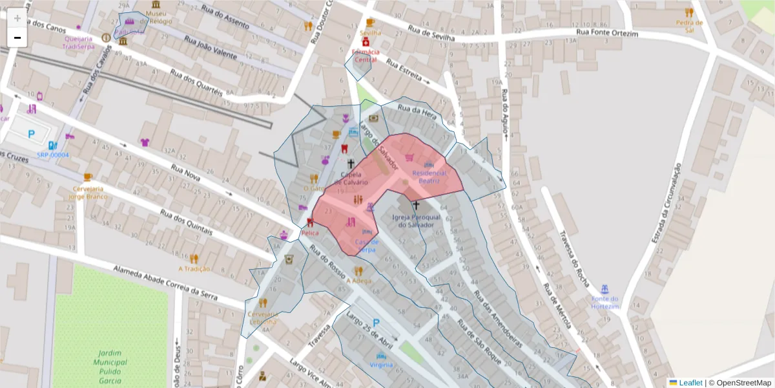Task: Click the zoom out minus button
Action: [x=17, y=38]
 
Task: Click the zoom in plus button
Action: [x=17, y=18]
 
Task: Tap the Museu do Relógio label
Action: [x=155, y=17]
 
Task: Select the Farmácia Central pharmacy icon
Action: [x=366, y=42]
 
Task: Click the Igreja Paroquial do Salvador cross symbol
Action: [x=416, y=205]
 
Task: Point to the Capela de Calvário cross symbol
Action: [x=351, y=164]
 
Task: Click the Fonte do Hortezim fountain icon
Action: [x=604, y=288]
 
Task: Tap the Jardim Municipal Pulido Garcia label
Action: [x=112, y=367]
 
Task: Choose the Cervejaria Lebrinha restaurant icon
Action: [x=262, y=303]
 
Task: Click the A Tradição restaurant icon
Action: [x=194, y=259]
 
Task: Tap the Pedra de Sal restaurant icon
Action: [x=689, y=12]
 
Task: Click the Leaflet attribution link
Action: [x=690, y=383]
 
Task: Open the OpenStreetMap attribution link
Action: [x=739, y=383]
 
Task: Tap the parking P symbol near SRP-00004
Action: [x=32, y=134]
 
